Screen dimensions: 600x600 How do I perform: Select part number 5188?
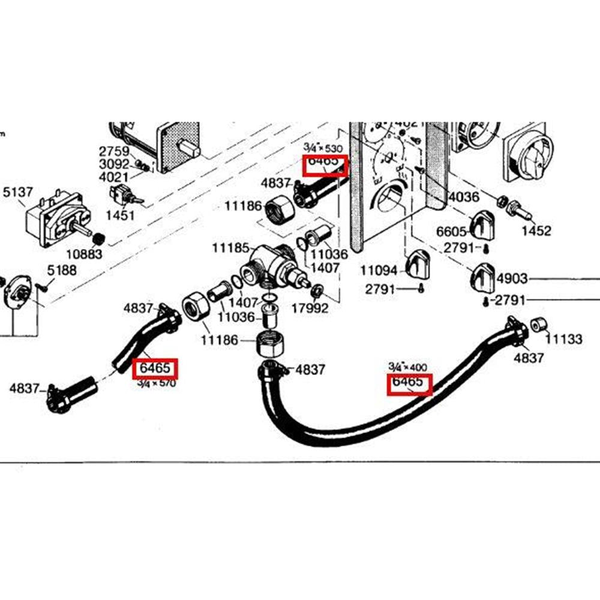62,270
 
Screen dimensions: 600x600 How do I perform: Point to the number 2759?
114,151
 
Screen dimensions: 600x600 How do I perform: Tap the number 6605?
451,232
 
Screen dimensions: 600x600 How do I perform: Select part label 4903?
512,278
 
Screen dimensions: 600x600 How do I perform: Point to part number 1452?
536,230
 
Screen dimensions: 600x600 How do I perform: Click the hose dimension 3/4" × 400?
407,366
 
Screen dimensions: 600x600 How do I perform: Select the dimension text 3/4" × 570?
156,383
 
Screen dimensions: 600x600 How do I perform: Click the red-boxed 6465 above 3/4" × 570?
155,367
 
